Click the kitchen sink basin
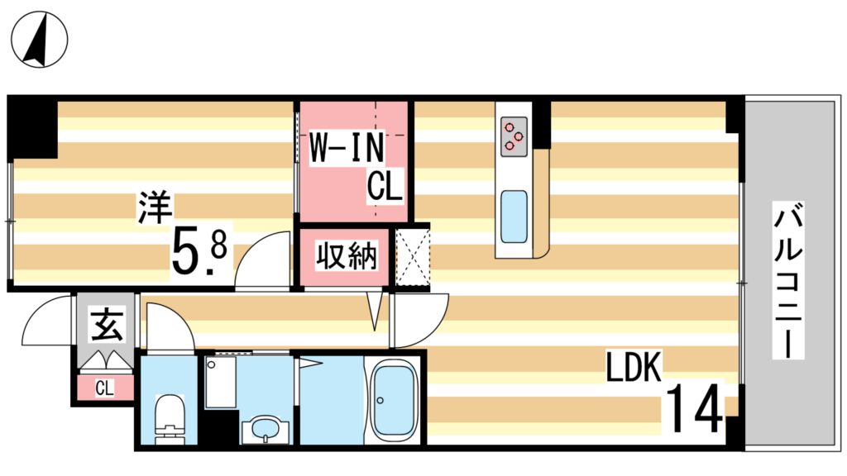(x=514, y=217)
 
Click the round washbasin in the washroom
(x=265, y=430)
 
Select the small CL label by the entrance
(x=104, y=388)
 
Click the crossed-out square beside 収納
(x=411, y=257)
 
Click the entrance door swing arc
(x=45, y=322)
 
